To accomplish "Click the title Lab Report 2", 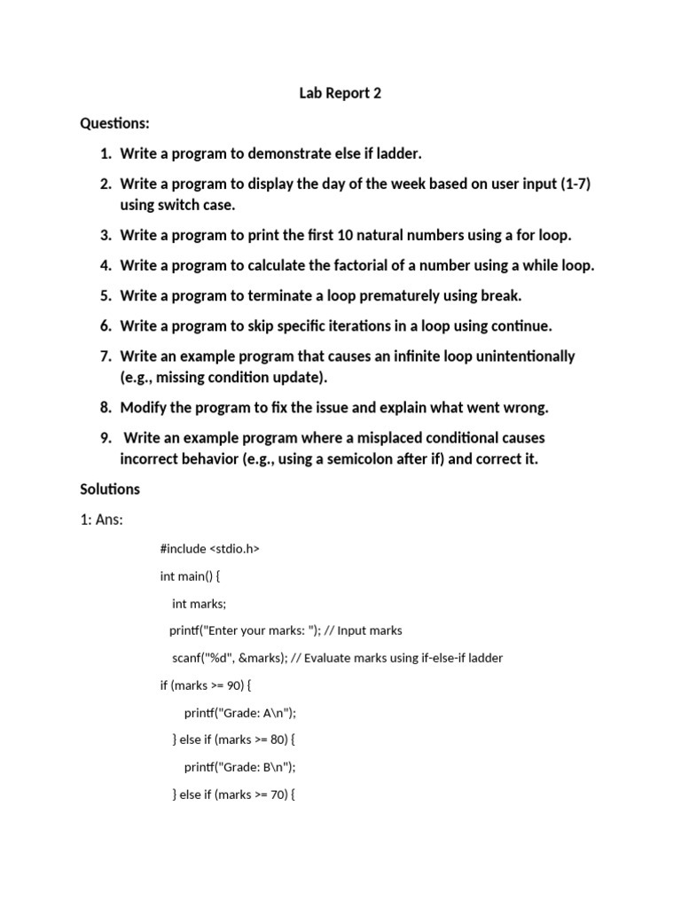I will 340,93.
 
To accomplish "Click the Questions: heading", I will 114,123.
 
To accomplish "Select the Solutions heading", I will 110,489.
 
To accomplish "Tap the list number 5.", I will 106,295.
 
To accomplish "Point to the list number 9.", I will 106,437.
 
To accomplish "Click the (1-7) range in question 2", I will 575,184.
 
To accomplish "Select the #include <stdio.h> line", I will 209,549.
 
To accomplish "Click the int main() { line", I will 190,575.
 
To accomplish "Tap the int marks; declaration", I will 199,603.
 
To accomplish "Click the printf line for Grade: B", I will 239,767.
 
